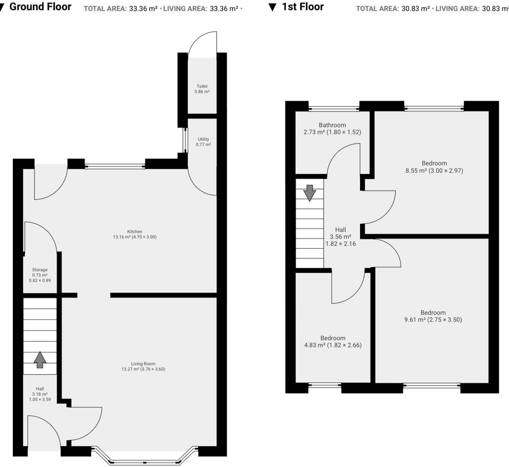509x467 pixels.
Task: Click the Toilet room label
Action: [x=202, y=86]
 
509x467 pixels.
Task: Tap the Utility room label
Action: [x=203, y=139]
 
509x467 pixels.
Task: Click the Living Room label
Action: [x=143, y=364]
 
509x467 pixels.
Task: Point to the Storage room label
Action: [x=40, y=270]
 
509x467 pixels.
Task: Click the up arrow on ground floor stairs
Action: [x=40, y=360]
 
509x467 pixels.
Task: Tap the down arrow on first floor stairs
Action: [x=309, y=193]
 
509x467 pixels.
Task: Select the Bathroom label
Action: [x=332, y=125]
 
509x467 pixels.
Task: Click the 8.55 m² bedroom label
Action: [x=434, y=163]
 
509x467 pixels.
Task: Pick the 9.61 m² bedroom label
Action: [x=433, y=313]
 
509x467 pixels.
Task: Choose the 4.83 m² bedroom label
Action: [x=333, y=338]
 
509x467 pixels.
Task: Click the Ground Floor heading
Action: [x=40, y=7]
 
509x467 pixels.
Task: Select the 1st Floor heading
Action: [x=303, y=7]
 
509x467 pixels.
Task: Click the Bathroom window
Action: [x=334, y=109]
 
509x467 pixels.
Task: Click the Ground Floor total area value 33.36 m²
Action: [x=143, y=9]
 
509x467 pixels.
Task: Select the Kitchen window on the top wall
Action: [x=115, y=167]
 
